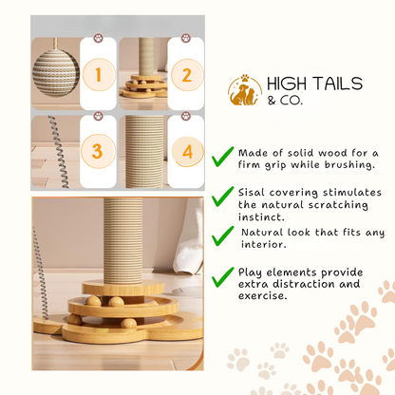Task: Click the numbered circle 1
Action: pos(99,75)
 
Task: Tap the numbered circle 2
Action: pos(187,75)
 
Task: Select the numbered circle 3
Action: pos(98,151)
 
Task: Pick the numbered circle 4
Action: pos(187,152)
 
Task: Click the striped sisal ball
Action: pos(56,73)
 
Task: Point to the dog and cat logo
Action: pos(245,90)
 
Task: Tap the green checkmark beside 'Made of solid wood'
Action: pos(222,157)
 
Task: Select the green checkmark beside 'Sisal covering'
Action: pos(222,197)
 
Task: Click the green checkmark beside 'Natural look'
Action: pos(222,236)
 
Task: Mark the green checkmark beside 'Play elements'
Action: pos(222,277)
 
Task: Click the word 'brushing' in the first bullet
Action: pos(349,165)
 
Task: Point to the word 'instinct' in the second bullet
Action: pos(261,217)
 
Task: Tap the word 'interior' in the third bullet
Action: pos(264,244)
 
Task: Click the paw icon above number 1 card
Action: pos(99,39)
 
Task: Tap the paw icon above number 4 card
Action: pos(186,116)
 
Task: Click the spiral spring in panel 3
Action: pos(58,152)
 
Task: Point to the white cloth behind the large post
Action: pos(189,235)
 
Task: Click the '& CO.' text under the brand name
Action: pos(285,101)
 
